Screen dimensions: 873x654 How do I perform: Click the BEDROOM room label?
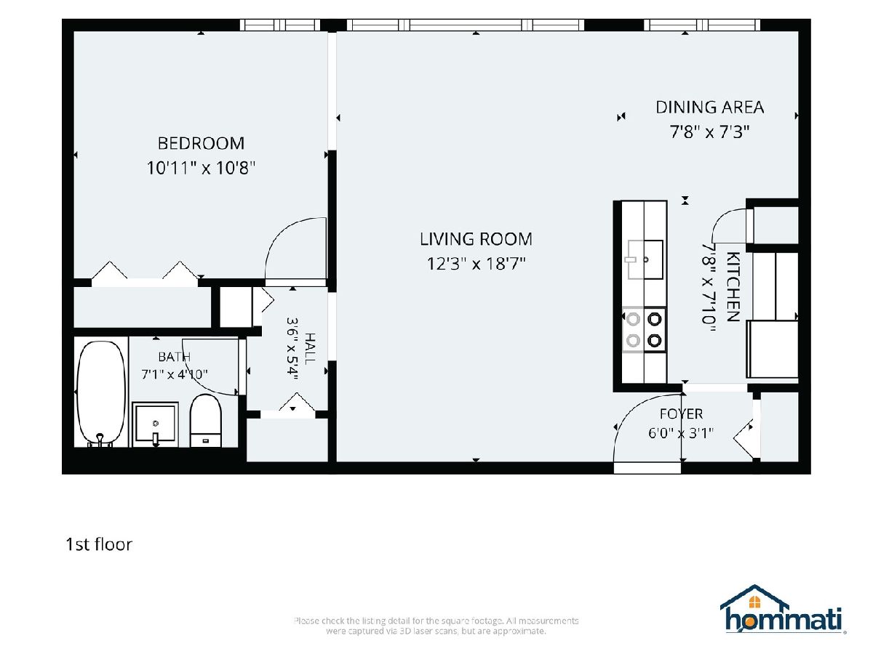pyautogui.click(x=201, y=143)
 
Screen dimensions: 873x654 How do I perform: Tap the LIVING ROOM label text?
pyautogui.click(x=476, y=239)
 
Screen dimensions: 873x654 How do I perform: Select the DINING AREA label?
pyautogui.click(x=709, y=108)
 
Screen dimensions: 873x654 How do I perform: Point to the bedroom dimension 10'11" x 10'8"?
pyautogui.click(x=201, y=168)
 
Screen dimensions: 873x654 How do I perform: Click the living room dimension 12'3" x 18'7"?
pyautogui.click(x=476, y=264)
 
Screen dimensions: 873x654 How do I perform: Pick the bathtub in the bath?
pyautogui.click(x=100, y=393)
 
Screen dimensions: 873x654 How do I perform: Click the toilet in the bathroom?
pyautogui.click(x=206, y=421)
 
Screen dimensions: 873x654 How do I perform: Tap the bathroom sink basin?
pyautogui.click(x=155, y=424)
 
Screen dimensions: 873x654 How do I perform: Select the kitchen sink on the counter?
pyautogui.click(x=645, y=259)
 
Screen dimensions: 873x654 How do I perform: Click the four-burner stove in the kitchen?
pyautogui.click(x=645, y=330)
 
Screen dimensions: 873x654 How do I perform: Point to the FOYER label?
pyautogui.click(x=681, y=414)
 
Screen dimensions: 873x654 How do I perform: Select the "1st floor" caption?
pyautogui.click(x=99, y=544)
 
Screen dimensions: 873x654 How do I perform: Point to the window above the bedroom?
pyautogui.click(x=280, y=25)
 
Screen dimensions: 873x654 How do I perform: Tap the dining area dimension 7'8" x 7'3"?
pyautogui.click(x=709, y=132)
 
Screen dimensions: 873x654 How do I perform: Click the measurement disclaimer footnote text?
pyautogui.click(x=436, y=626)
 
